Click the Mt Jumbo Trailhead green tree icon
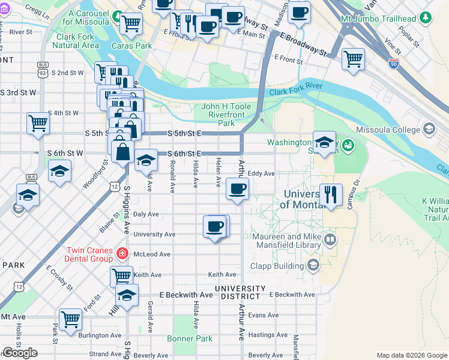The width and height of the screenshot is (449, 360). click(x=427, y=18)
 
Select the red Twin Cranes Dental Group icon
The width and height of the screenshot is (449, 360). click(x=122, y=254)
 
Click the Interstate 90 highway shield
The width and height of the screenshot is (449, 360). click(x=393, y=64)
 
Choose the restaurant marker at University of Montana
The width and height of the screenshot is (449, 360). click(x=331, y=194)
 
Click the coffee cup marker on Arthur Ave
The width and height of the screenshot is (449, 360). click(x=237, y=190)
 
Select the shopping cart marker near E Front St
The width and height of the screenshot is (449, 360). click(x=353, y=59)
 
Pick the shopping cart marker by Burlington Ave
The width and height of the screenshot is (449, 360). click(x=71, y=319)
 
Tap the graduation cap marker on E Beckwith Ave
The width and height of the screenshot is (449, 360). click(x=127, y=295)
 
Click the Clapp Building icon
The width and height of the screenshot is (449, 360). click(x=313, y=265)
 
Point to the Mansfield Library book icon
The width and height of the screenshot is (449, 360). click(x=330, y=241)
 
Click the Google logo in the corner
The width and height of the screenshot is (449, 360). click(x=20, y=352)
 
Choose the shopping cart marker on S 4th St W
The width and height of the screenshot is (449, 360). click(x=38, y=123)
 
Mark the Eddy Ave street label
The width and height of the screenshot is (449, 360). click(x=261, y=173)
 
